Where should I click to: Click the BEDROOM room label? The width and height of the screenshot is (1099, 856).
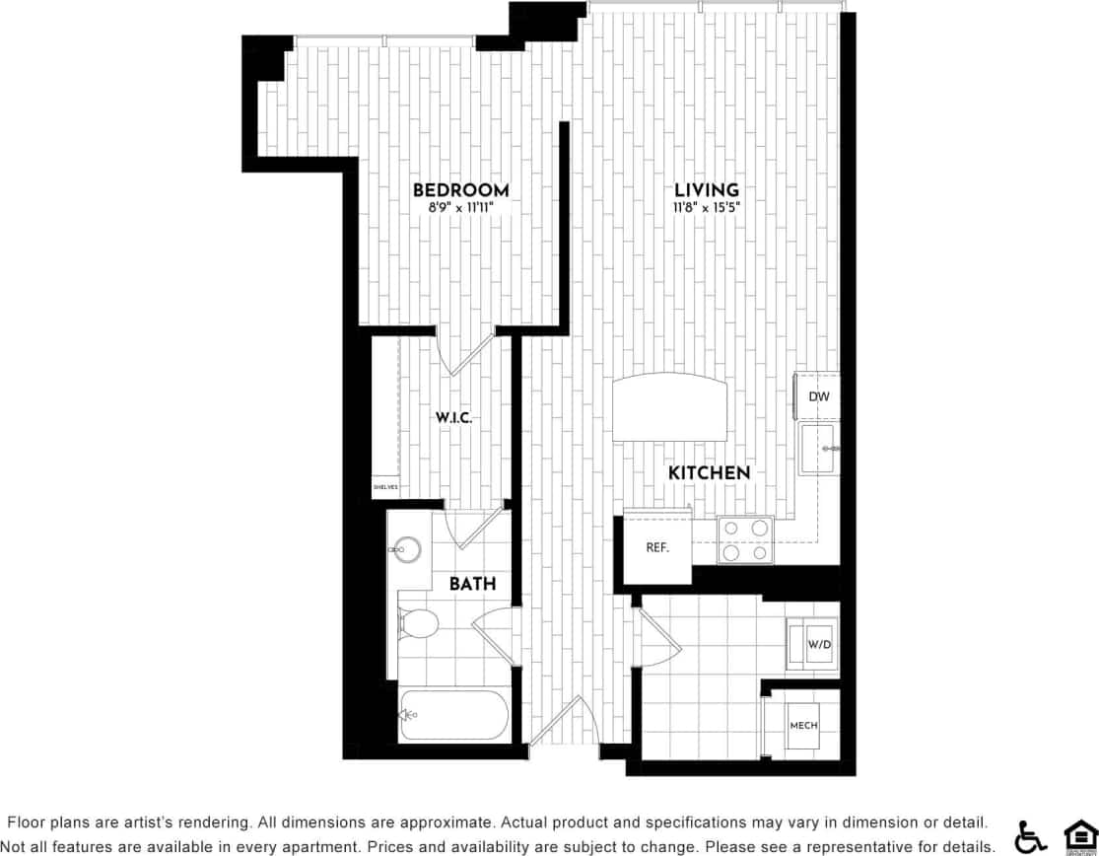(x=460, y=190)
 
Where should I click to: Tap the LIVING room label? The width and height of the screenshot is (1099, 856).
(x=706, y=190)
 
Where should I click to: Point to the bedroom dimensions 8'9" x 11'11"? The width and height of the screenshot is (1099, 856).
(x=460, y=208)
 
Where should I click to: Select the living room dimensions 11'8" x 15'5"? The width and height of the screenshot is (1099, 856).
(x=706, y=208)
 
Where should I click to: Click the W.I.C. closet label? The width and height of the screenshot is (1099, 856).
(x=454, y=417)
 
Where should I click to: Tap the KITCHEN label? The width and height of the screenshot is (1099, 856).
(x=709, y=473)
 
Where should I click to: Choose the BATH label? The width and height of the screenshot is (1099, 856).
(x=472, y=584)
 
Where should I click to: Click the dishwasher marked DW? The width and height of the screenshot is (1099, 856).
(x=818, y=396)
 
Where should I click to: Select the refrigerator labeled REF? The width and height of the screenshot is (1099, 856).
(x=657, y=547)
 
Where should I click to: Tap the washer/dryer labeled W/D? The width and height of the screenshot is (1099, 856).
(x=818, y=644)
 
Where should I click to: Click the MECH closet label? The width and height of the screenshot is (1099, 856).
(x=803, y=726)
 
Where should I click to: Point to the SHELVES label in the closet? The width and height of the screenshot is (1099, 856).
(x=383, y=486)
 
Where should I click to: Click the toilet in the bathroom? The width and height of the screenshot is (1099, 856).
(x=418, y=623)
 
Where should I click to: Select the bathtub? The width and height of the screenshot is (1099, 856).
(x=452, y=715)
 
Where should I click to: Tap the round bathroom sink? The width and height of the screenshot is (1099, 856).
(x=405, y=550)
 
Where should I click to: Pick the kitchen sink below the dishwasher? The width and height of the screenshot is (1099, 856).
(x=818, y=449)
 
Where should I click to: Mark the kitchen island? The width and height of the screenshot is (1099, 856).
(x=670, y=406)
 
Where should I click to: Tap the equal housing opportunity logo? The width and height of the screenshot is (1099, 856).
(x=1079, y=835)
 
